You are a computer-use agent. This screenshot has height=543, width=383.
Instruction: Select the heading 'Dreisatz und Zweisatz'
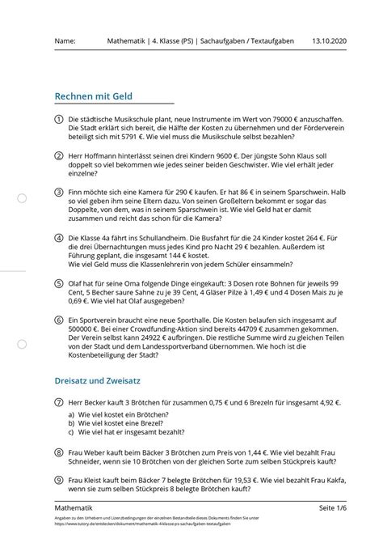pos(99,379)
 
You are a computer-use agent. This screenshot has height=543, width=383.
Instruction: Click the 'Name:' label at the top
pos(65,41)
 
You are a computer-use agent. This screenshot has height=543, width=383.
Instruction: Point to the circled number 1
pos(60,118)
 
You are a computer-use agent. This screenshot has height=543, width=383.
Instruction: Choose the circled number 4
pos(60,240)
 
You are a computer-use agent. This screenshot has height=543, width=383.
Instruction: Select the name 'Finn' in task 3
pos(77,193)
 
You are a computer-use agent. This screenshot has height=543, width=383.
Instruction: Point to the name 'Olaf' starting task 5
pos(78,283)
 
